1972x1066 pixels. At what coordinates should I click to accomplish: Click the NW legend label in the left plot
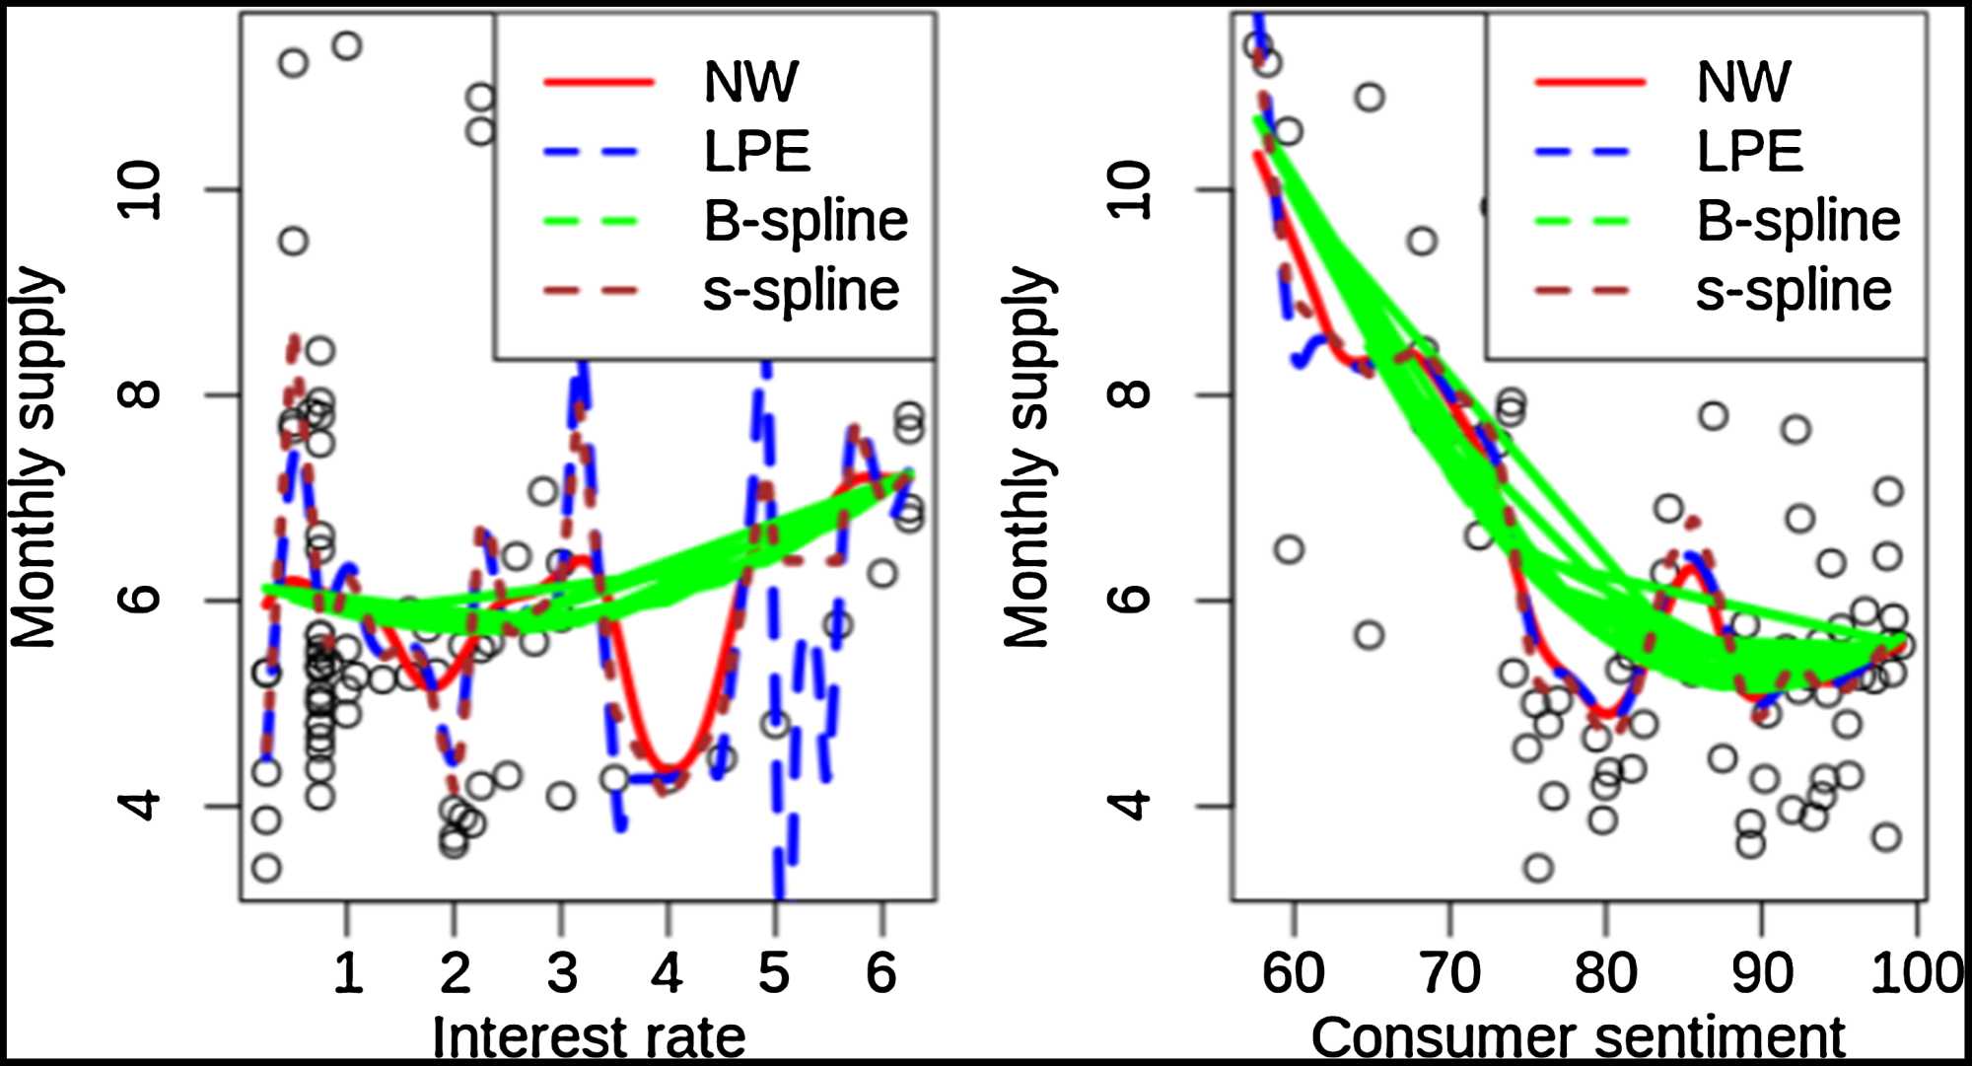750,82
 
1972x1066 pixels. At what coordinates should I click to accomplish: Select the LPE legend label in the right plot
1749,152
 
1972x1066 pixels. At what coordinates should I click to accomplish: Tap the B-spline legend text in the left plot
805,221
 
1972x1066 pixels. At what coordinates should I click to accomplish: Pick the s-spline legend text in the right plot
1794,291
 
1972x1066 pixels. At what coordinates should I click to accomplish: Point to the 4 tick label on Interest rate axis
668,973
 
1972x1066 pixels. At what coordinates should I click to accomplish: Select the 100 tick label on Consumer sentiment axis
1916,973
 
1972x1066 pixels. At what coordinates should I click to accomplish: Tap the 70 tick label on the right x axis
1449,973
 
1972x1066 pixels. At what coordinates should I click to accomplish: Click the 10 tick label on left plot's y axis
139,189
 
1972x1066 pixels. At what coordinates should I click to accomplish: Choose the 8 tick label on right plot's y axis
1131,394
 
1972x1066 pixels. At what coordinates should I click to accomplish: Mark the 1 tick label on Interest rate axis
347,973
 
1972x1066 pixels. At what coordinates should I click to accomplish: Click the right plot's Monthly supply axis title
1027,457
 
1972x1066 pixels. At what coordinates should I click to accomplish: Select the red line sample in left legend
599,82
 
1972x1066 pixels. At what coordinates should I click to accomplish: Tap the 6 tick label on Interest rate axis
881,973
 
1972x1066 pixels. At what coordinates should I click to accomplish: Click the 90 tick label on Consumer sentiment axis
1762,973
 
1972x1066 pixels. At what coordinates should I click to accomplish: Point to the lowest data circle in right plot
1538,869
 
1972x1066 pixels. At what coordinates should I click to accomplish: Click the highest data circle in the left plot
346,45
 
